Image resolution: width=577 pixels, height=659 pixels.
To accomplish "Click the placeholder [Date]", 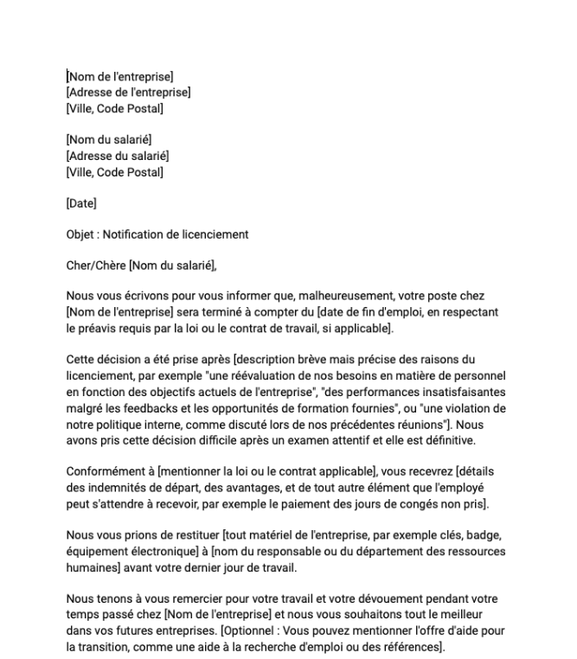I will [x=81, y=204].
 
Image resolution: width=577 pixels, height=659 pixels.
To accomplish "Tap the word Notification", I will [x=141, y=234].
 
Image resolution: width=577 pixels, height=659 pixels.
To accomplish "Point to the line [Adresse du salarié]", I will [x=117, y=155].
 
